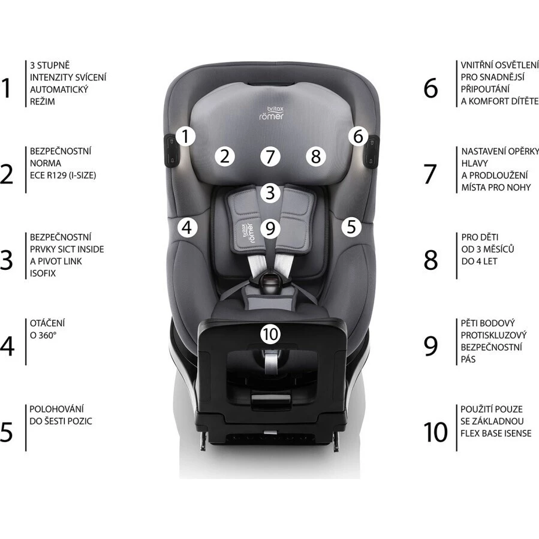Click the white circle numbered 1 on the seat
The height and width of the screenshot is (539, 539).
coord(186,137)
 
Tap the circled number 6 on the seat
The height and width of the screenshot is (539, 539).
coord(358,137)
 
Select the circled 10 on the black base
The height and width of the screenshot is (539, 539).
coord(270,334)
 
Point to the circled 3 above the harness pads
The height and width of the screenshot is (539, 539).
coord(270,193)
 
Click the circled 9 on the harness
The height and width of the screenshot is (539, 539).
coord(270,228)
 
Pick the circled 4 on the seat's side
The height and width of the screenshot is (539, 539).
coord(187,227)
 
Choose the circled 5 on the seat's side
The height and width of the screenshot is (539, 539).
coord(351,227)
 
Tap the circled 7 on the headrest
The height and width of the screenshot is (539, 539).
coord(270,156)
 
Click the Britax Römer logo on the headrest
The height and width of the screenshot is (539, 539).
coord(272,113)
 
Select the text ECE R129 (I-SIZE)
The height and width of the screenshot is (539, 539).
coord(63,175)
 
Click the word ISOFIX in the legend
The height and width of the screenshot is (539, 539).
coord(43,273)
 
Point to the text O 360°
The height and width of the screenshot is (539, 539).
coord(43,335)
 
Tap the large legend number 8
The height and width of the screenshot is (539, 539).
coord(431,260)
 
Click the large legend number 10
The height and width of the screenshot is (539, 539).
coord(435,432)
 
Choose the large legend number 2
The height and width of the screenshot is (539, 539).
coord(7,174)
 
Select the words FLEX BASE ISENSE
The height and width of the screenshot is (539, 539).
coord(496,433)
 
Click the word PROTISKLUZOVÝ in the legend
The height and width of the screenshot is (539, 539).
coord(493,335)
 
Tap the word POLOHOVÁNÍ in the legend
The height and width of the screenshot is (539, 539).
coord(57,409)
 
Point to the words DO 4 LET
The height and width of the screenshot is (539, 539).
coord(479,261)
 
